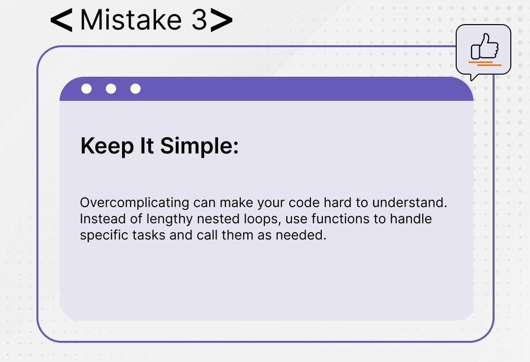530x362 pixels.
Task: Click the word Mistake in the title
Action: (131, 20)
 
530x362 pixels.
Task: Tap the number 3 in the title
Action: (199, 20)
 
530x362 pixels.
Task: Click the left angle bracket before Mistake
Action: (61, 20)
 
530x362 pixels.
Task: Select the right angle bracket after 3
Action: (222, 20)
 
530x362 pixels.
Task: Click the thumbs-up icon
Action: (484, 46)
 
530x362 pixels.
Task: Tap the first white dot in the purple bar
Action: (87, 89)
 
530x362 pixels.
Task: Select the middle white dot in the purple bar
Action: (111, 89)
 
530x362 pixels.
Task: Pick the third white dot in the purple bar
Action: (135, 89)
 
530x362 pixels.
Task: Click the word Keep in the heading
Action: (107, 147)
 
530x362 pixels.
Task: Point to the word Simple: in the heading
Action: (199, 147)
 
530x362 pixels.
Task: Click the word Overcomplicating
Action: (134, 203)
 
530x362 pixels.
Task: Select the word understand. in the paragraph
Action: (409, 203)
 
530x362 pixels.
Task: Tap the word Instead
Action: (103, 219)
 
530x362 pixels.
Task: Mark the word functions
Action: (341, 219)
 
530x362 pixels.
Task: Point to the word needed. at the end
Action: (301, 235)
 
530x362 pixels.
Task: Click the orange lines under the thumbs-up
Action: (485, 63)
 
